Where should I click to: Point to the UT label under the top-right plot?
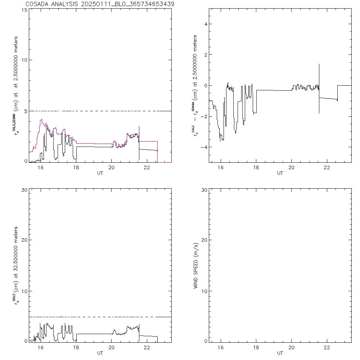[x=280, y=173]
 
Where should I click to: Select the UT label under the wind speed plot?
[x=280, y=353]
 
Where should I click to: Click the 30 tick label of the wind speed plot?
[x=203, y=190]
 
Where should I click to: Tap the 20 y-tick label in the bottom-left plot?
[x=23, y=240]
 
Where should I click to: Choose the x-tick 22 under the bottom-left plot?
[x=147, y=348]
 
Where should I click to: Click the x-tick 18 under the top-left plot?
[x=76, y=168]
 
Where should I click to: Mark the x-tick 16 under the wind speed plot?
[x=221, y=348]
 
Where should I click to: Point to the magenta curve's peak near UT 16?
[x=42, y=120]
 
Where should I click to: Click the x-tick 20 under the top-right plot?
[x=292, y=168]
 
